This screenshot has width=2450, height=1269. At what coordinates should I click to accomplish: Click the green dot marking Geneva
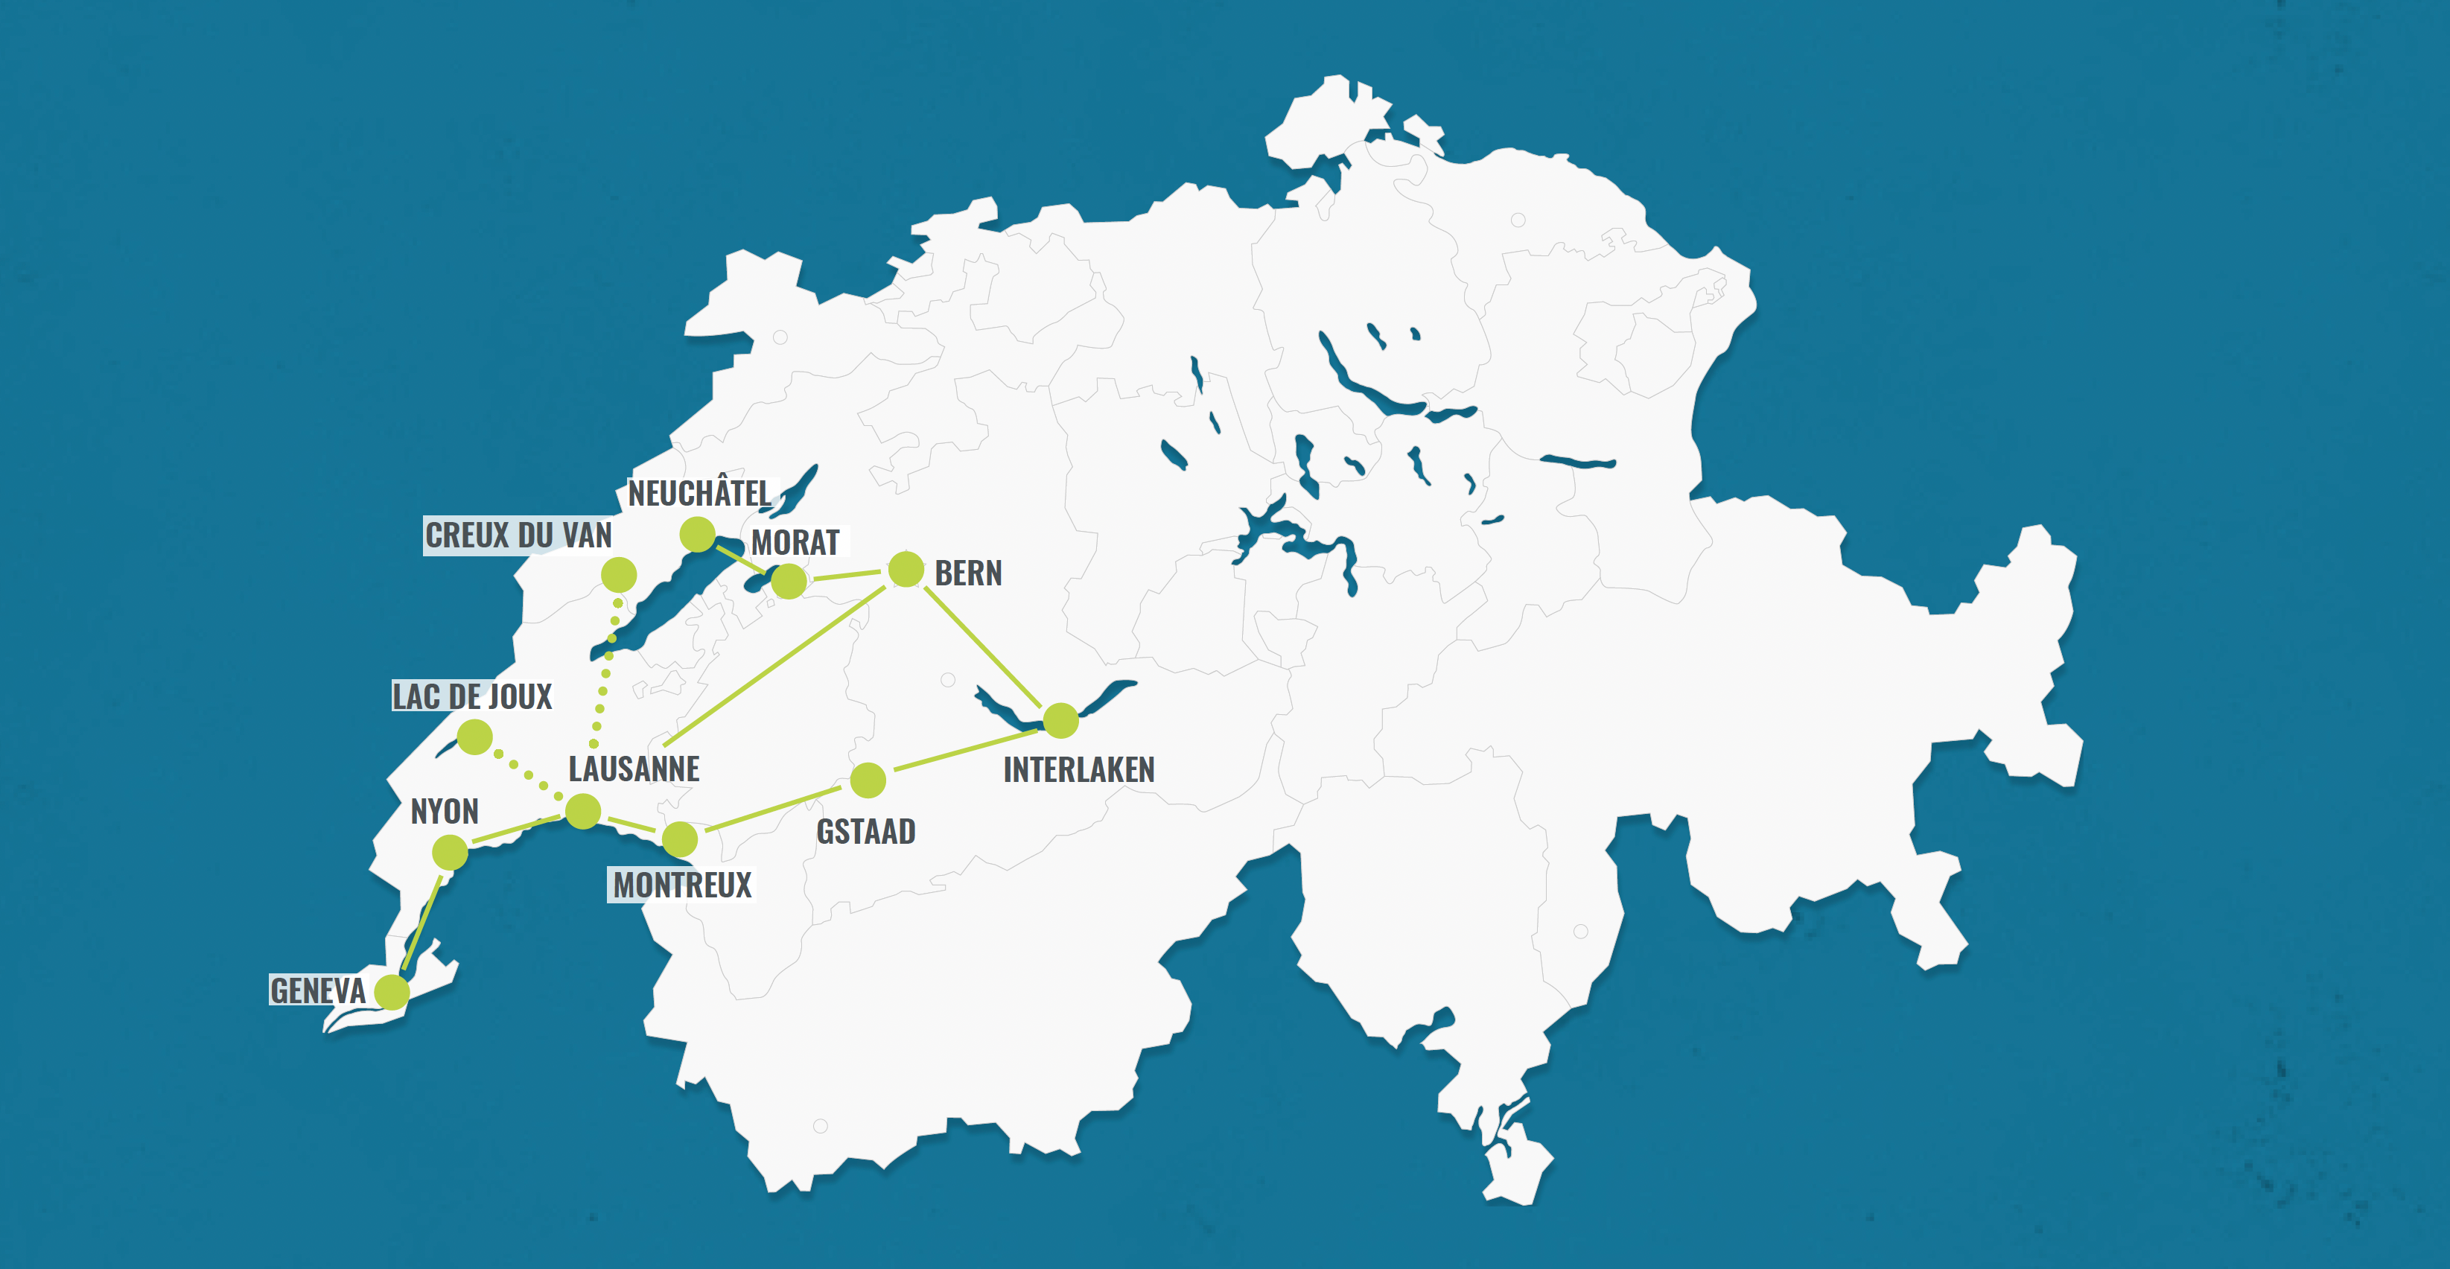click(x=392, y=992)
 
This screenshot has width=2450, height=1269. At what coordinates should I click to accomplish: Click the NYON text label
click(x=444, y=812)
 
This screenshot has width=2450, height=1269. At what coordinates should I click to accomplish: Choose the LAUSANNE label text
click(x=634, y=769)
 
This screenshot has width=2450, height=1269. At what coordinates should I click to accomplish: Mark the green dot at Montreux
click(x=680, y=840)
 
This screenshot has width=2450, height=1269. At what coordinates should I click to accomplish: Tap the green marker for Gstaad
click(x=868, y=780)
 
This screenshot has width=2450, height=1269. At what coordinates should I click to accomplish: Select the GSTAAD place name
click(x=865, y=831)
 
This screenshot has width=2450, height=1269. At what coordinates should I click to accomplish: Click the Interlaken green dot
click(x=1060, y=720)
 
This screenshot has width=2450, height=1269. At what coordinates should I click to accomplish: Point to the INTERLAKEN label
click(x=1078, y=769)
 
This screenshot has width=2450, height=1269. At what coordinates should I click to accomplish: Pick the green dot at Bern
click(x=906, y=570)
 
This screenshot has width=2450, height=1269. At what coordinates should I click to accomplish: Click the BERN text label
click(x=968, y=573)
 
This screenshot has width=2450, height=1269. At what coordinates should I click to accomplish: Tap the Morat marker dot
click(x=789, y=581)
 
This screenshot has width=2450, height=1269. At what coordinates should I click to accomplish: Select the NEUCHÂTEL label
click(x=699, y=494)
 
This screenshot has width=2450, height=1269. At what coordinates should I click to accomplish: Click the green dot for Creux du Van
click(x=619, y=575)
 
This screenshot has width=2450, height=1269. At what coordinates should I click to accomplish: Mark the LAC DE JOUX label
click(x=471, y=696)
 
